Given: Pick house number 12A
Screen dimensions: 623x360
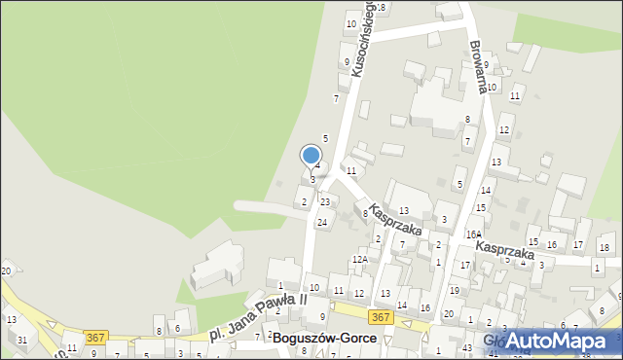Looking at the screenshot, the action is click(x=359, y=260).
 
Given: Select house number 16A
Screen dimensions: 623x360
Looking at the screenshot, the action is click(x=473, y=234).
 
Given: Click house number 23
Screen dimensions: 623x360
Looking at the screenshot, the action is click(x=325, y=201).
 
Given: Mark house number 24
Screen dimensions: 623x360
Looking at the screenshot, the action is click(x=321, y=223).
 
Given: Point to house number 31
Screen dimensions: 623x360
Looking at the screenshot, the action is click(x=21, y=339).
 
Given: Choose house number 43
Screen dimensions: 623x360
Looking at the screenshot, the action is click(x=467, y=348).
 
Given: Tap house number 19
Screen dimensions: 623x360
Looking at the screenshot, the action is click(x=454, y=290).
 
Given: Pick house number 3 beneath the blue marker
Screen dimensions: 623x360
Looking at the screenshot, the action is click(x=312, y=180).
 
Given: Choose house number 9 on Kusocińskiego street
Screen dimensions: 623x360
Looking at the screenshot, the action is click(x=347, y=62).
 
